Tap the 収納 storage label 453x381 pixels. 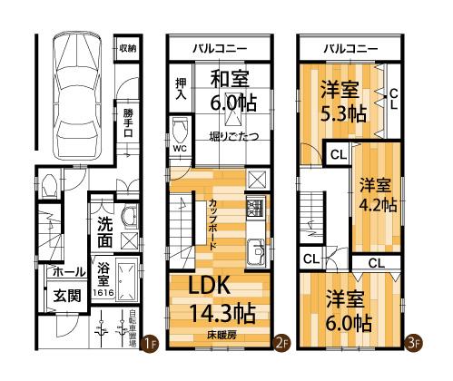pos(127,47)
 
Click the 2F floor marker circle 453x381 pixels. pos(282,343)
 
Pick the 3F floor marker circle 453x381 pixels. pos(413,343)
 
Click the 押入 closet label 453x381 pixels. pos(180,89)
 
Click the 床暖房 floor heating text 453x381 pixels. pos(221,335)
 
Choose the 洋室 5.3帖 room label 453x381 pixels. pos(342,102)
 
